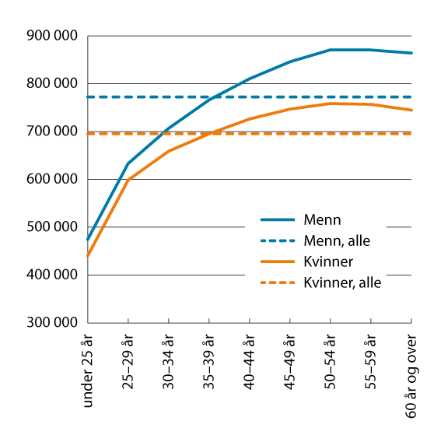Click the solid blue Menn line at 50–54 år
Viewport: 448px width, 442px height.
click(331, 50)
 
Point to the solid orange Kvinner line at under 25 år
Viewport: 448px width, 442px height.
click(89, 255)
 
